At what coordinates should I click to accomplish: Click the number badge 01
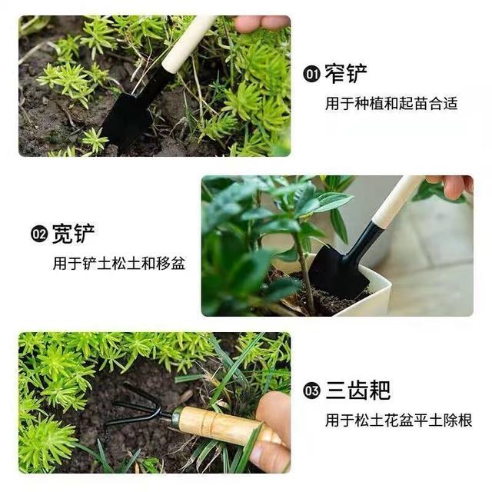pyautogui.click(x=311, y=75)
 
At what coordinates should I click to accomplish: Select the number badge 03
pyautogui.click(x=311, y=391)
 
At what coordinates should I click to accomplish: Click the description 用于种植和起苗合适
pyautogui.click(x=391, y=103)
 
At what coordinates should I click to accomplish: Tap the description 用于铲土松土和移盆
pyautogui.click(x=119, y=264)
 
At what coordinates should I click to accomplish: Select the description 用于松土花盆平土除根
pyautogui.click(x=398, y=421)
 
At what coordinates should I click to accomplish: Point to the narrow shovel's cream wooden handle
pyautogui.click(x=188, y=44)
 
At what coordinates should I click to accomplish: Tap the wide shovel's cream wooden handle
pyautogui.click(x=397, y=201)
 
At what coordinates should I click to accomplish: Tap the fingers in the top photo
pyautogui.click(x=261, y=24)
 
